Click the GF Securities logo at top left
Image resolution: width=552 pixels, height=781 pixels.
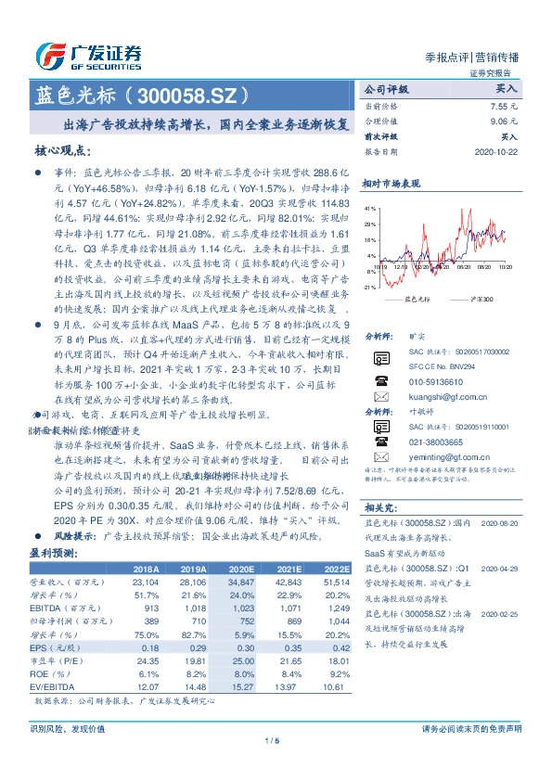(x=88, y=57)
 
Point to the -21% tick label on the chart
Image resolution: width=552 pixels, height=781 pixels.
(x=370, y=288)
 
